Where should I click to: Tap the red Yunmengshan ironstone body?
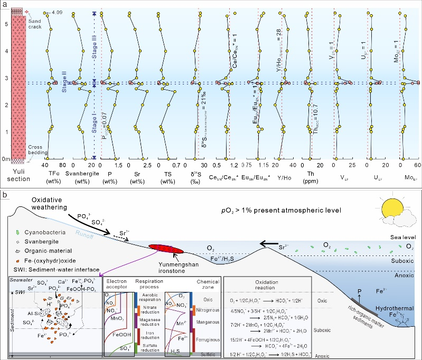170,247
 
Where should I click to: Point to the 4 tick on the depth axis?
6,51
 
